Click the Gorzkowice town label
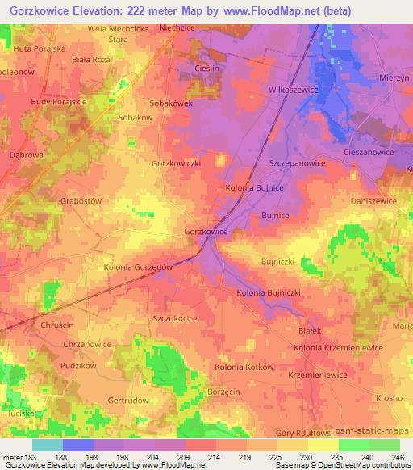click(206, 231)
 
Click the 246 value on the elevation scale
click(398, 455)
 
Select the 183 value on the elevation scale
click(27, 455)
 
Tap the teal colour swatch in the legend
click(48, 445)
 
